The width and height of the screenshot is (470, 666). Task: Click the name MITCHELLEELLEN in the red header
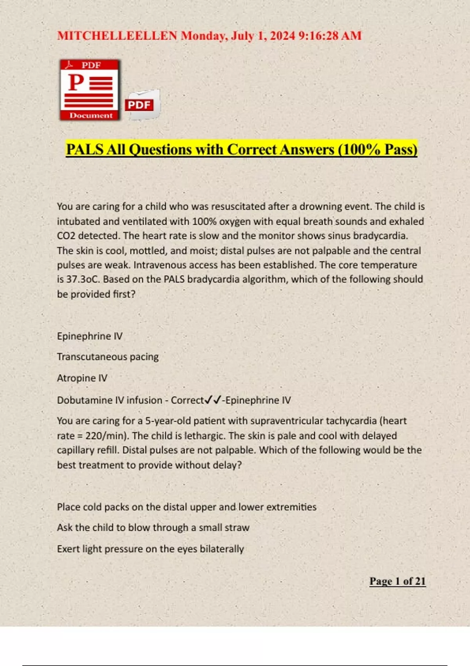pos(117,36)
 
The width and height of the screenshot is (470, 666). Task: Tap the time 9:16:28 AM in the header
pos(330,36)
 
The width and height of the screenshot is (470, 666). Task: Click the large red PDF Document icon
pos(90,90)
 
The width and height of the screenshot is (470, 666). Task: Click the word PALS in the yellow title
pos(84,150)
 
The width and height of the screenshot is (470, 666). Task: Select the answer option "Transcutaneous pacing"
pos(108,357)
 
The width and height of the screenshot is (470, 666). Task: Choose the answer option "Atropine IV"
pos(82,378)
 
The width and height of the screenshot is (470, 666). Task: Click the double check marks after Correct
pos(213,400)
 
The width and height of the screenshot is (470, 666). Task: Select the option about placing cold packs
pos(186,507)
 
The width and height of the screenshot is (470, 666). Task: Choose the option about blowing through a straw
pos(153,528)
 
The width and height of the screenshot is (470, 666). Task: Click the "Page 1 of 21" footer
pos(397,581)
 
